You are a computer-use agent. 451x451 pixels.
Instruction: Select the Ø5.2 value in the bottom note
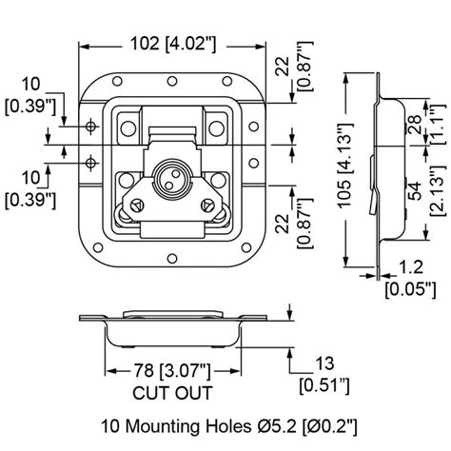coord(268,424)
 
